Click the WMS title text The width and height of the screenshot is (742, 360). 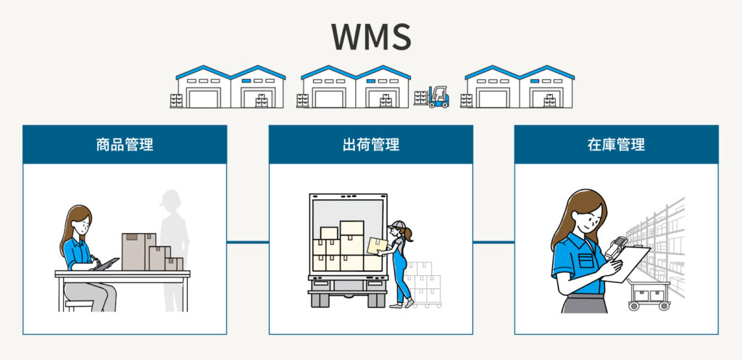pyautogui.click(x=371, y=36)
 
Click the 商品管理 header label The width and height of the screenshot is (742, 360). pyautogui.click(x=124, y=144)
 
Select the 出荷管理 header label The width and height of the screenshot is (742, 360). pyautogui.click(x=370, y=144)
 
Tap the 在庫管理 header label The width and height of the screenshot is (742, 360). pyautogui.click(x=616, y=144)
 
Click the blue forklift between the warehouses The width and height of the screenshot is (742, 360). pyautogui.click(x=437, y=97)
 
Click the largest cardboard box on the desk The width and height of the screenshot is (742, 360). pyautogui.click(x=138, y=251)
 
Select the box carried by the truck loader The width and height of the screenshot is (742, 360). pyautogui.click(x=377, y=246)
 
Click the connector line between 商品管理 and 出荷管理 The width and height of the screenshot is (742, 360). pyautogui.click(x=247, y=242)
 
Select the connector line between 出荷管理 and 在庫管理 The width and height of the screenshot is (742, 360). pyautogui.click(x=493, y=242)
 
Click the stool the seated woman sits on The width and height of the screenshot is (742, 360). pyautogui.click(x=78, y=304)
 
